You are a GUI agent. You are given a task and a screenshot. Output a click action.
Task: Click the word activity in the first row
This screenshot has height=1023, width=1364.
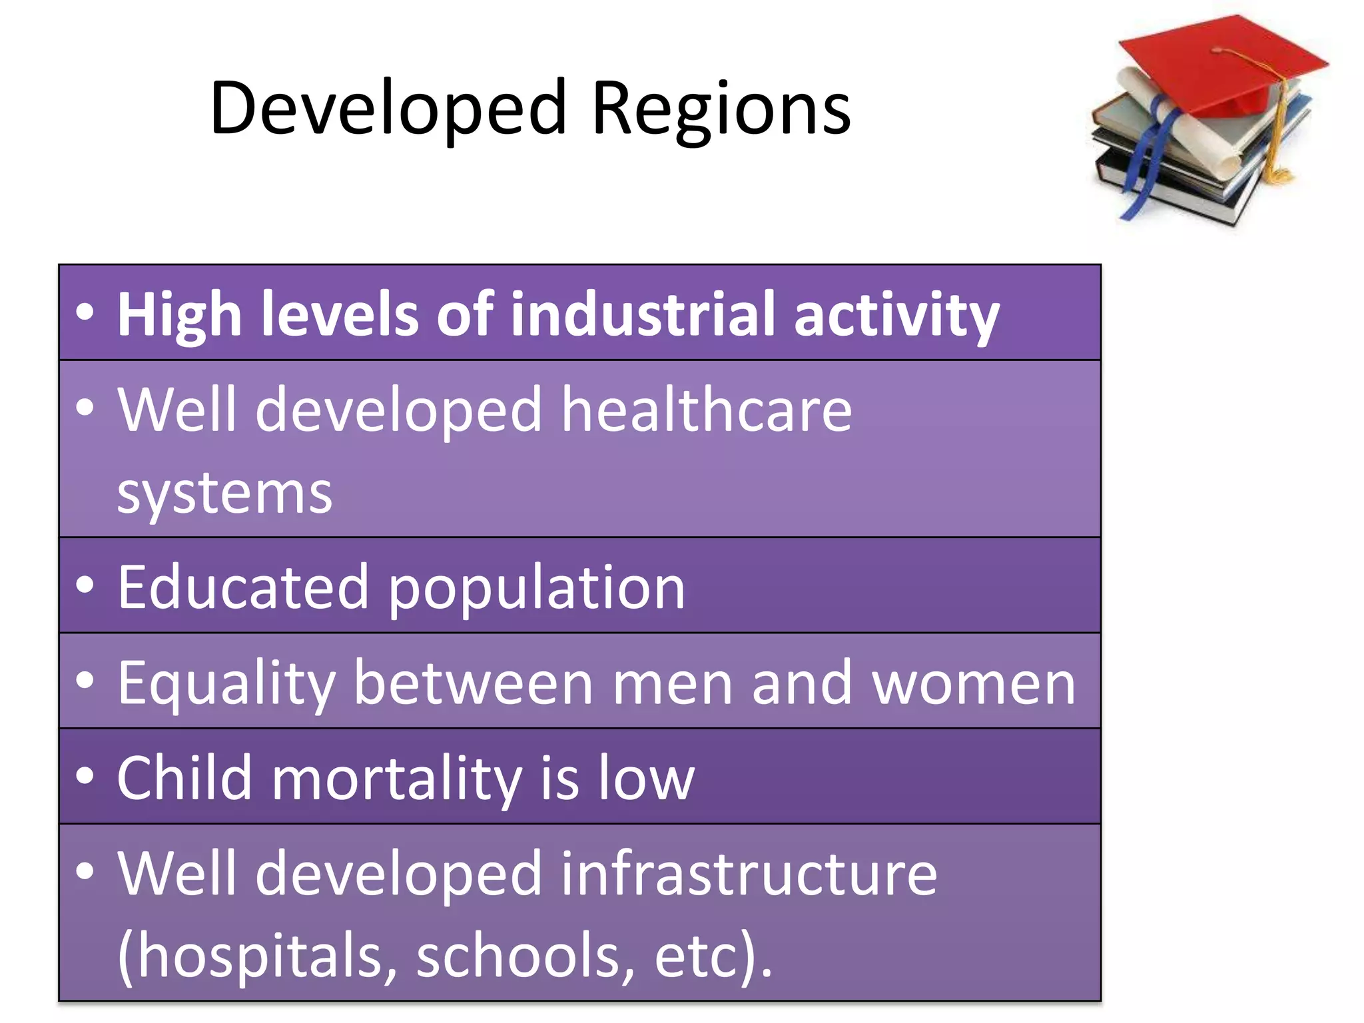896,314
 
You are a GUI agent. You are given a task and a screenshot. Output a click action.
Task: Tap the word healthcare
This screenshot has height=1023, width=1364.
706,410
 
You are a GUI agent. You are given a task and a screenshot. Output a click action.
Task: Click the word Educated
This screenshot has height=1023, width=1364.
243,587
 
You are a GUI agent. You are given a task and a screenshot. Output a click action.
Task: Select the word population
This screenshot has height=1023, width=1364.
536,587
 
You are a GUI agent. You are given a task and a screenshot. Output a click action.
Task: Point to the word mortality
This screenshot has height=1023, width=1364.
396,778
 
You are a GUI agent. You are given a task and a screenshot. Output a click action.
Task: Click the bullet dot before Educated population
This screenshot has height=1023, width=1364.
85,585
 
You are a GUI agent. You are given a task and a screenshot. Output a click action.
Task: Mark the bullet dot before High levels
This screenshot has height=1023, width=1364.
85,312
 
